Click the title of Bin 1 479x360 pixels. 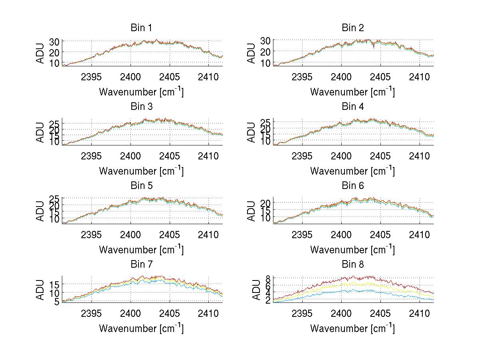141,28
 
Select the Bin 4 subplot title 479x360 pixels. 352,107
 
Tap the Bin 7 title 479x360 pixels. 141,265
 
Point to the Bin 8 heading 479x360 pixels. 352,265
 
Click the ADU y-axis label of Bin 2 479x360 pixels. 251,53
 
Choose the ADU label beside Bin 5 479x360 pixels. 40,211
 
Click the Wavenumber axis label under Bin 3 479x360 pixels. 141,171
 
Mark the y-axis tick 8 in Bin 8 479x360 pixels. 268,278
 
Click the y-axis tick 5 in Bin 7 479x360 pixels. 57,302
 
